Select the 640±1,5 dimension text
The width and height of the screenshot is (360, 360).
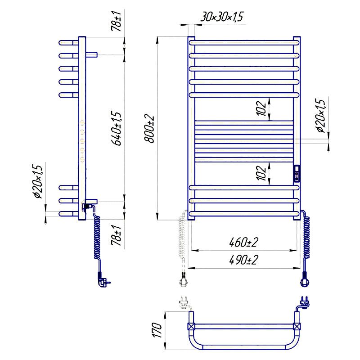pos(117,129)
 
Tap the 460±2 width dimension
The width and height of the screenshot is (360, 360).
pos(243,242)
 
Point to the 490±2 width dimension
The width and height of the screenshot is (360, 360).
pos(243,260)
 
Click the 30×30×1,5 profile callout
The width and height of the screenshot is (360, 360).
pos(222,17)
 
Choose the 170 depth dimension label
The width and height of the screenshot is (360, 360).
pos(157,330)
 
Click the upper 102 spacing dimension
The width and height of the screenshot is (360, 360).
pos(261,108)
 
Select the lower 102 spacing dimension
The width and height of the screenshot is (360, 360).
pos(261,173)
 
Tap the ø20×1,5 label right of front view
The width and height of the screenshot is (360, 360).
pos(320,116)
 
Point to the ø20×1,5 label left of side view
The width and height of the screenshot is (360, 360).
pos(38,181)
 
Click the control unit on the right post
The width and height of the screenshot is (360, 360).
pos(297,174)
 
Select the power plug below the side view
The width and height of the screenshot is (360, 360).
pos(103,279)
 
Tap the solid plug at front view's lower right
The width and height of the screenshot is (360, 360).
pos(305,279)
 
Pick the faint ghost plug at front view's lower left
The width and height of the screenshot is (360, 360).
pos(183,279)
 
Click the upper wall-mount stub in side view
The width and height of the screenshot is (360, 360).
pos(92,54)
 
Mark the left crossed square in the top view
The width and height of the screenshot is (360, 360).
pos(191,326)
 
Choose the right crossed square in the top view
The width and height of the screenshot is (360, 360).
pos(297,326)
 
